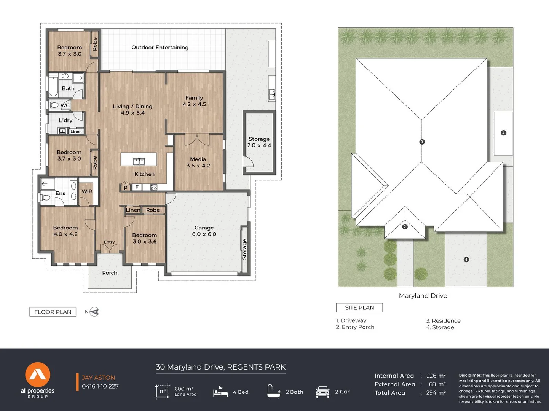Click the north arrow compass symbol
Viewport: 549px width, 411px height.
pos(94,312)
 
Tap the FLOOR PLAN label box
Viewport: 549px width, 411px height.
pos(53,312)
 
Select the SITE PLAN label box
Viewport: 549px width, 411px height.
pos(359,308)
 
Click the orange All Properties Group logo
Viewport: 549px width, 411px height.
pos(38,374)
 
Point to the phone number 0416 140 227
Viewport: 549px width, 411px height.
pos(100,386)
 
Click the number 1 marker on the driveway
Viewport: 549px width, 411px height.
pos(466,260)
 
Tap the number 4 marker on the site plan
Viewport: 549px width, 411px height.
pos(503,133)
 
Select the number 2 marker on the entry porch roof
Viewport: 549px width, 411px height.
pos(405,227)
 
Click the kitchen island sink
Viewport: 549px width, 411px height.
pos(139,161)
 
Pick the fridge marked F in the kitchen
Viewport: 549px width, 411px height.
pos(137,187)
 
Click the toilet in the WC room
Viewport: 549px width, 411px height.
pos(53,105)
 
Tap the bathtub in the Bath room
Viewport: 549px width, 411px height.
pos(53,86)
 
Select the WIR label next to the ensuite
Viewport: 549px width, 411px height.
pos(87,191)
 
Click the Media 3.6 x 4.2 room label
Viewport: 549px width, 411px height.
pos(198,162)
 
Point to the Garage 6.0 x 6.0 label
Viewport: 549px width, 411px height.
pos(204,231)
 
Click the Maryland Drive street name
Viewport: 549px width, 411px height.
pos(423,296)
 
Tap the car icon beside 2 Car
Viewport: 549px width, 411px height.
pos(322,392)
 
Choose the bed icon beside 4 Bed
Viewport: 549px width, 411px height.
pos(220,391)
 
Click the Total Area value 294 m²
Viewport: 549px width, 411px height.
pos(436,393)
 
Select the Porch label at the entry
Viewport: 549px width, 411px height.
pos(110,273)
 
